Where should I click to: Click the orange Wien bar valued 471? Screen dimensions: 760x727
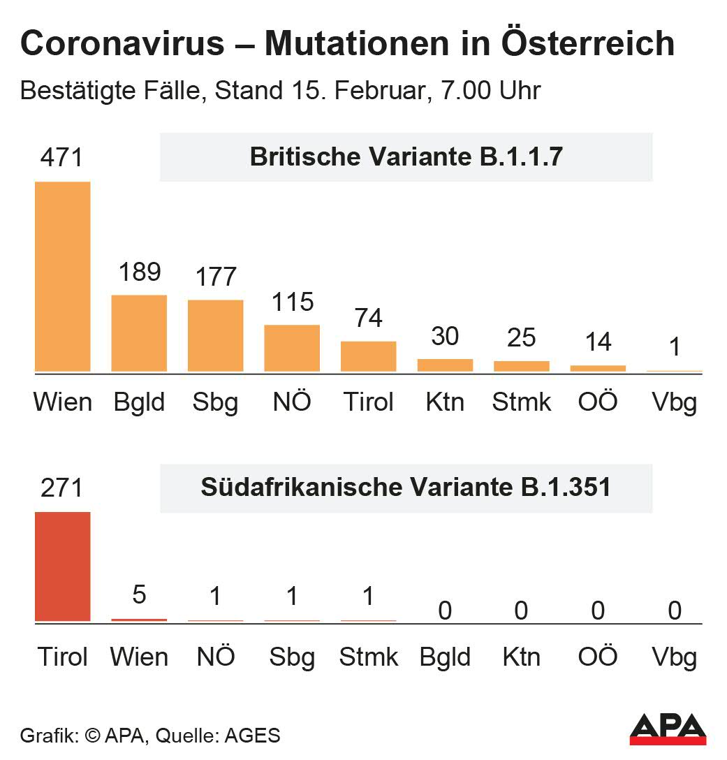pyautogui.click(x=63, y=277)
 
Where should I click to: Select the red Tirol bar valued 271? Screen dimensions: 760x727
pyautogui.click(x=63, y=567)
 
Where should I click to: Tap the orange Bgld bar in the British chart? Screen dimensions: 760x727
pyautogui.click(x=140, y=333)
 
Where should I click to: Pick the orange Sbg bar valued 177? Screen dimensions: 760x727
pyautogui.click(x=216, y=336)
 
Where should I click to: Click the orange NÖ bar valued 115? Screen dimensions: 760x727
pyautogui.click(x=292, y=348)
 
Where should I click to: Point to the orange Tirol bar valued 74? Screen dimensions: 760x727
pyautogui.click(x=369, y=356)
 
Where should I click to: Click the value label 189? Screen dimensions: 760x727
pyautogui.click(x=140, y=272)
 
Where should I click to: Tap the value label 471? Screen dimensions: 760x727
pyautogui.click(x=61, y=157)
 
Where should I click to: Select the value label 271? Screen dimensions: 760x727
pyautogui.click(x=61, y=488)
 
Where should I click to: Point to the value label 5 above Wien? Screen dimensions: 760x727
pyautogui.click(x=139, y=596)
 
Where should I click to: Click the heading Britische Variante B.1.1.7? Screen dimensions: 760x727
pyautogui.click(x=406, y=157)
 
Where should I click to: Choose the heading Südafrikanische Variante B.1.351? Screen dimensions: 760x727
pyautogui.click(x=406, y=488)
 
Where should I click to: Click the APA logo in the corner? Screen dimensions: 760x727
pyautogui.click(x=668, y=729)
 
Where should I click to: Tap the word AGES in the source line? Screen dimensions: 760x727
pyautogui.click(x=254, y=736)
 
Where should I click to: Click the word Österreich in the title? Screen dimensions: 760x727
pyautogui.click(x=588, y=44)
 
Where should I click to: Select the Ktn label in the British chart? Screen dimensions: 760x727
pyautogui.click(x=445, y=402)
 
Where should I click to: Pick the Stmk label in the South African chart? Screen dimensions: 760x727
pyautogui.click(x=368, y=657)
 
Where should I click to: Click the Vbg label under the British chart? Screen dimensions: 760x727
pyautogui.click(x=674, y=403)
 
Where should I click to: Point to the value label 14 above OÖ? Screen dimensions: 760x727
pyautogui.click(x=598, y=342)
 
